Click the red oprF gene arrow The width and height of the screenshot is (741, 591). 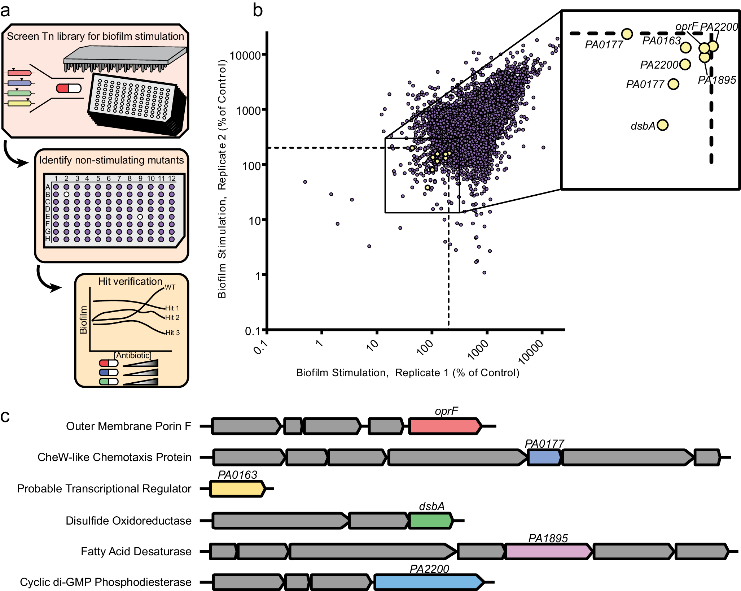point(445,426)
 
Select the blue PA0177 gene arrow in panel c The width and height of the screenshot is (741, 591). point(544,457)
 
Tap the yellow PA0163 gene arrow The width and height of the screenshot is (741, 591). point(237,489)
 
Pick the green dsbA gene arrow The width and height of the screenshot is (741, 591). point(431,521)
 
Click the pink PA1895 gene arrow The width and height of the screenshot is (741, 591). point(548,552)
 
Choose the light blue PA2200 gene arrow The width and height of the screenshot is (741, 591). point(429,582)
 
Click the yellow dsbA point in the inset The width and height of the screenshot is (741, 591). point(662,125)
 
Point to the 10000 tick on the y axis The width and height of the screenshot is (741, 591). point(245,55)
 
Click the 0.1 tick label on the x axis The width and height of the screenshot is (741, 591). point(261,347)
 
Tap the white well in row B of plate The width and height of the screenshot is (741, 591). point(66,194)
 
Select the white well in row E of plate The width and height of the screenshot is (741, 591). point(140,217)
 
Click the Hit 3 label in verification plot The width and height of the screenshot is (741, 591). point(172,333)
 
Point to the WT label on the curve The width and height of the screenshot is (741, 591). point(170,287)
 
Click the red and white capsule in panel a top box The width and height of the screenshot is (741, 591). point(69,88)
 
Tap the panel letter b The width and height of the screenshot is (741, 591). point(258,10)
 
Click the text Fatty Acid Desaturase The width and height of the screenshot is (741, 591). point(136,552)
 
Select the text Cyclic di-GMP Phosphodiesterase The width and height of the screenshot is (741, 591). point(106,582)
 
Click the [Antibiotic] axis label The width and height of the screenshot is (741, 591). point(133,355)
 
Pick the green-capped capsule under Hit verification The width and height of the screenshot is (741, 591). point(109,382)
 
